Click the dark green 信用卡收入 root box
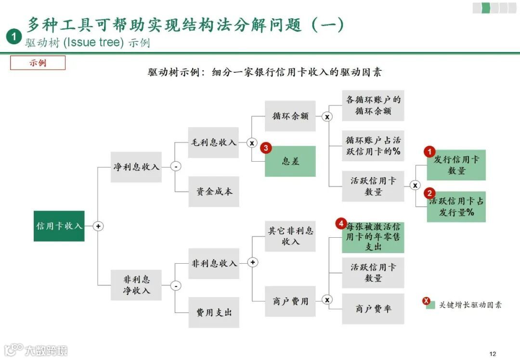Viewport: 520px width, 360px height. (59, 226)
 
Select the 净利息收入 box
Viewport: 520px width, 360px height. (136, 167)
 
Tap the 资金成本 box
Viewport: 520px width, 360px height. (213, 191)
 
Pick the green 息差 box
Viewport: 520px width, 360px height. (290, 161)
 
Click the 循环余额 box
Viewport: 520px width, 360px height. (290, 116)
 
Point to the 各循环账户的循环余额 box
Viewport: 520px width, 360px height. (373, 105)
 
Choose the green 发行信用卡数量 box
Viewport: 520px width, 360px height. (456, 165)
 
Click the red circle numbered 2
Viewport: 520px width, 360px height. (429, 193)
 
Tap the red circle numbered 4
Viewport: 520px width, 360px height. (341, 224)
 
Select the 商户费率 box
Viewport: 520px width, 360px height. (373, 309)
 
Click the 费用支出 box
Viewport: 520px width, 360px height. (213, 312)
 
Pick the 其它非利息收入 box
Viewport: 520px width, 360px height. (290, 236)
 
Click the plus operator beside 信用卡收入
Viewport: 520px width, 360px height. (98, 226)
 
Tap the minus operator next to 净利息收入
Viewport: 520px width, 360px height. (176, 167)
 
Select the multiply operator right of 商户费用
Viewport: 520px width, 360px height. (327, 300)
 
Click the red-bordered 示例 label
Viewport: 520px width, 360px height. (38, 63)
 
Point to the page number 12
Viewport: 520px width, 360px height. (492, 354)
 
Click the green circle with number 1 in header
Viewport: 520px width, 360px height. (14, 37)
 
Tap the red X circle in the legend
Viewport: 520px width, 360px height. (426, 301)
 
